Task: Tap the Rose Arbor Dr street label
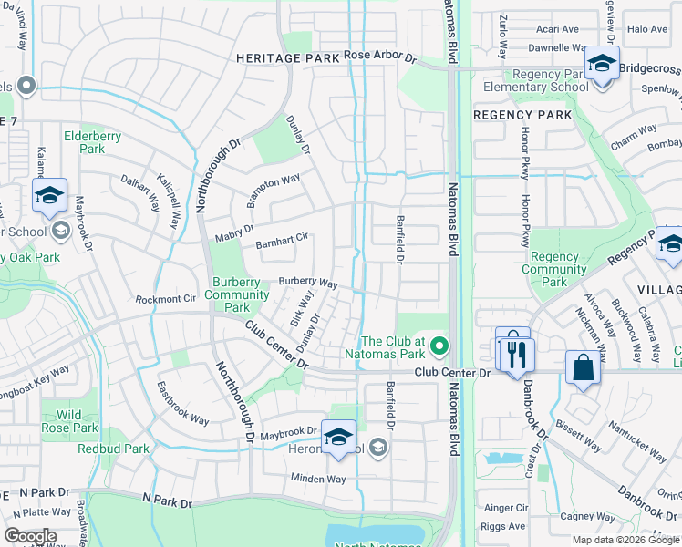click(x=380, y=57)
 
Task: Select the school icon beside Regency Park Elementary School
click(x=602, y=66)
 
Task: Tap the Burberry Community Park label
click(x=237, y=294)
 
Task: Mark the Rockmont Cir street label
click(x=166, y=298)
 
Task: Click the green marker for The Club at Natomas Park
click(x=439, y=345)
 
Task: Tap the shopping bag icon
click(x=582, y=368)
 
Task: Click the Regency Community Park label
click(x=554, y=270)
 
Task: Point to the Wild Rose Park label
click(x=70, y=421)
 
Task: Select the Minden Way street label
click(x=318, y=479)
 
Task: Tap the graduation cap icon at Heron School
click(x=338, y=438)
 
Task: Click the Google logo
click(x=30, y=536)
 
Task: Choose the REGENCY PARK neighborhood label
click(x=523, y=115)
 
